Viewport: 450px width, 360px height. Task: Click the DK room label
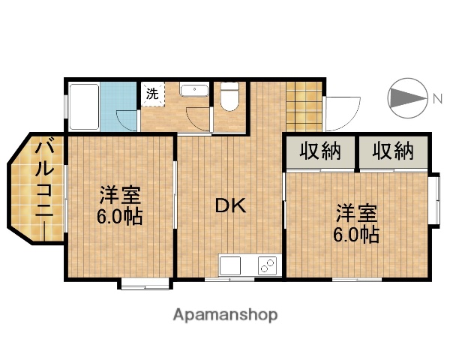[x=231, y=205]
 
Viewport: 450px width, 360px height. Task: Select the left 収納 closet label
[x=320, y=151]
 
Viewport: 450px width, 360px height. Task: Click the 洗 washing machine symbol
[x=152, y=95]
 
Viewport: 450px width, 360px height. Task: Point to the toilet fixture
[x=229, y=97]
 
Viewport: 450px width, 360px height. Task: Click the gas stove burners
[x=267, y=265]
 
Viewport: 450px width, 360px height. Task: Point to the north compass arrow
[x=407, y=98]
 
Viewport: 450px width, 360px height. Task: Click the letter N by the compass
[x=436, y=98]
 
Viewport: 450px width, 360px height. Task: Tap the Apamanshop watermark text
[x=225, y=315]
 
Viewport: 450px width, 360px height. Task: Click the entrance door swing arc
[x=343, y=112]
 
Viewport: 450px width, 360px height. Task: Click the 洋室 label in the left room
[x=120, y=196]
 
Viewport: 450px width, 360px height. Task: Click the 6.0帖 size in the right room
[x=355, y=235]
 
